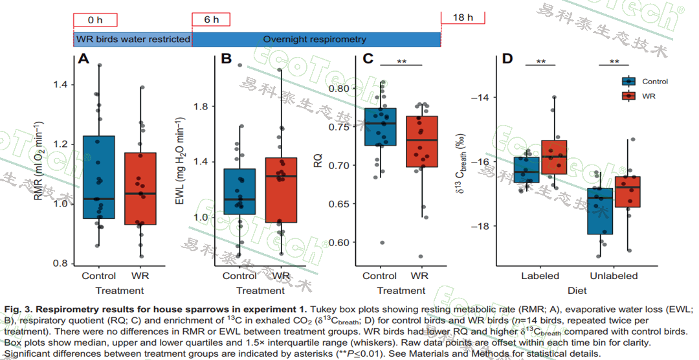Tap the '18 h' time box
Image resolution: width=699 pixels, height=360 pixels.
point(463,17)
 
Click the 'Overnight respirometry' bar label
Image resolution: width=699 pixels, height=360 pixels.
point(315,39)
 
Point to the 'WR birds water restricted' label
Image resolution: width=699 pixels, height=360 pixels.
point(133,39)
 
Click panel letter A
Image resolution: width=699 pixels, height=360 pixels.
point(83,60)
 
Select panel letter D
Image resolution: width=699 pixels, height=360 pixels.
point(507,60)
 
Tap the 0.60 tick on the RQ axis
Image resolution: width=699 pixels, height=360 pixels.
point(340,242)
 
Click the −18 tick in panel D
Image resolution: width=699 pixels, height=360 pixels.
point(480,226)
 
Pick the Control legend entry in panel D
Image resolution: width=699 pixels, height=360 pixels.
point(654,82)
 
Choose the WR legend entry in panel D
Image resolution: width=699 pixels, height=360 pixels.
point(649,95)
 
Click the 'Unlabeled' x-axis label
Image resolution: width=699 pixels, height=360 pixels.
point(613,276)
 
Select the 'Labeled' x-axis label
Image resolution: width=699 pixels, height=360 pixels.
point(540,276)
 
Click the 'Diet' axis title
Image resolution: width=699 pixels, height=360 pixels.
point(577,291)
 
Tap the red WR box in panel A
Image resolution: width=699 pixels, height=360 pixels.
point(140,188)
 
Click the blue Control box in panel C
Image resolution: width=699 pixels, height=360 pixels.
point(380,127)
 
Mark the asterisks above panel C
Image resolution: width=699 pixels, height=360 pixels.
point(401,62)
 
